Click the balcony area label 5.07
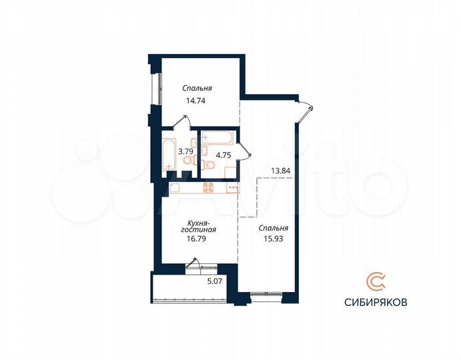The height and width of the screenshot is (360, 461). point(214,281)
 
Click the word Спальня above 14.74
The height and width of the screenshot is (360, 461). point(197,87)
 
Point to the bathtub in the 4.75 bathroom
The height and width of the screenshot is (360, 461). point(217,137)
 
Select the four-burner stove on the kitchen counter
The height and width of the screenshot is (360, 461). point(208,187)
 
